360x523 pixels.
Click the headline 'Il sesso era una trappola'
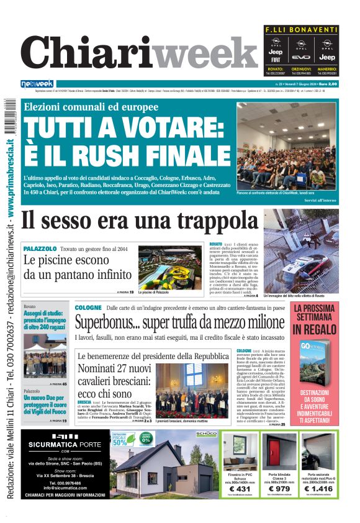pyautogui.click(x=139, y=221)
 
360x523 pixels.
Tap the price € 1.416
pyautogui.click(x=319, y=489)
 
